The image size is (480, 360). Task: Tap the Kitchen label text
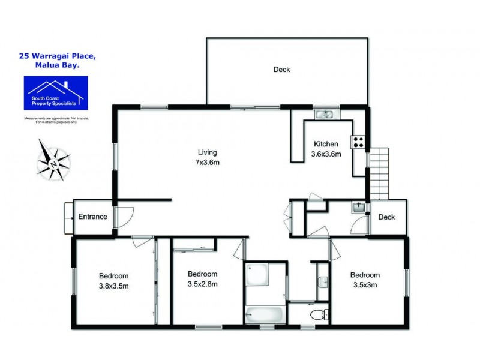[326, 144]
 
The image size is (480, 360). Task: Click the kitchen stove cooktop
[358, 142]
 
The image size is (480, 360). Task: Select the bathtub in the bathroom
[264, 314]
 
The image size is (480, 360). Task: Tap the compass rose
[53, 160]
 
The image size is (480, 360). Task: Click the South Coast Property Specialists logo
[55, 93]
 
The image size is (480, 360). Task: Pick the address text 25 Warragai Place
[58, 56]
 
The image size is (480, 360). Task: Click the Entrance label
[93, 217]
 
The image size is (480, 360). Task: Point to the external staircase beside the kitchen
[379, 173]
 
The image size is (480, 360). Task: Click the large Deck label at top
[281, 70]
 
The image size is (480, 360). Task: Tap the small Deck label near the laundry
[386, 217]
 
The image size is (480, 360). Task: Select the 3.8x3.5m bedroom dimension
[113, 286]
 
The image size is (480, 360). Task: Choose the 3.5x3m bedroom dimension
[365, 285]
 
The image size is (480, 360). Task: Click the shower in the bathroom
[258, 275]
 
